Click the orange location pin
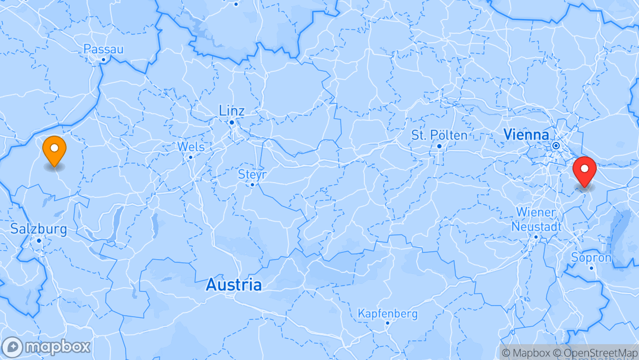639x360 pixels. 54,150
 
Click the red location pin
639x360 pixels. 584,170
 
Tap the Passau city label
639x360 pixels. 104,49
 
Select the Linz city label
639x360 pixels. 232,111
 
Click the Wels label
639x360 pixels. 191,146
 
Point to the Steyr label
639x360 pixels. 252,174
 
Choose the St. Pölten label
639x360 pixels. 439,135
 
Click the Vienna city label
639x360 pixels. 526,134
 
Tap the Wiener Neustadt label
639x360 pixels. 535,219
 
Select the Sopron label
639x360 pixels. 591,258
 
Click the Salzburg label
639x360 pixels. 39,229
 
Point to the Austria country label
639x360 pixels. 233,285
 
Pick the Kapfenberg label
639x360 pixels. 388,314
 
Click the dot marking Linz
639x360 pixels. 232,122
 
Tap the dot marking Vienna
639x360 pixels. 556,145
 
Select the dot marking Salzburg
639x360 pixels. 39,241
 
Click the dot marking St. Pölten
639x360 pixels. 439,146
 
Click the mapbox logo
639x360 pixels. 46,347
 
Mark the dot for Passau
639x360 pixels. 104,60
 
